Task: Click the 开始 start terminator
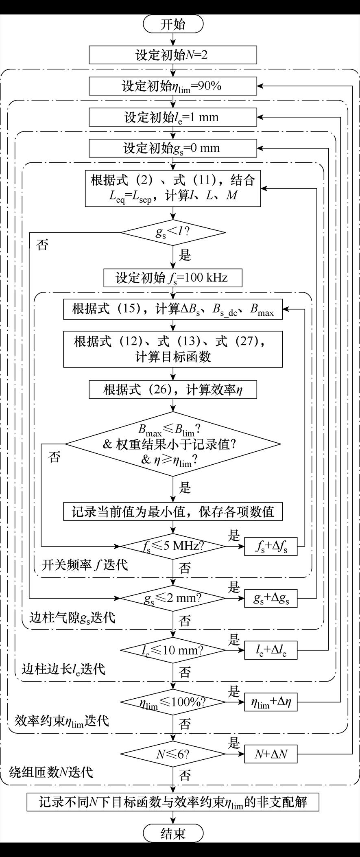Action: tap(173, 24)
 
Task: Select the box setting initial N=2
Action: tap(173, 55)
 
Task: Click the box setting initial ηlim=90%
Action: tap(173, 86)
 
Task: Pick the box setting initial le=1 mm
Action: tap(173, 117)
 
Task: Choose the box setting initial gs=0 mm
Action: tap(173, 148)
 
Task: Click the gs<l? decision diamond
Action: tap(173, 233)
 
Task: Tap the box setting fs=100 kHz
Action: tap(173, 278)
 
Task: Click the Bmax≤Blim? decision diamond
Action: tap(173, 444)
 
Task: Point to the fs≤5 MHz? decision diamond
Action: tap(173, 546)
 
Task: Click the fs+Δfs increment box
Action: tap(271, 547)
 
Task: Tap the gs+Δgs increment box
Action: tap(271, 598)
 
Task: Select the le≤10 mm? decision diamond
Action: tap(173, 650)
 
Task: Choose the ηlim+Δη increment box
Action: tap(271, 702)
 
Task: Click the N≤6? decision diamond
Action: tap(173, 754)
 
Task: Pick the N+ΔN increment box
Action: tap(271, 754)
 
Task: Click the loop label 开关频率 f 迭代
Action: tap(85, 565)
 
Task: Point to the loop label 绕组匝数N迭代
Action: tap(51, 772)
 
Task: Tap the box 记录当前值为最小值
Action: tap(173, 512)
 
